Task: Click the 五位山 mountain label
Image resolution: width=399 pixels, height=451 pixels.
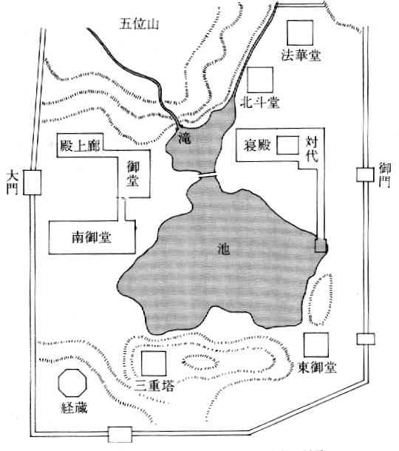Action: (x=139, y=24)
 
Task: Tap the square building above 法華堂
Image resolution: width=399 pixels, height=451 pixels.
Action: (x=300, y=33)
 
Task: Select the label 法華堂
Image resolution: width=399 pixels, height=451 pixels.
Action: (x=301, y=55)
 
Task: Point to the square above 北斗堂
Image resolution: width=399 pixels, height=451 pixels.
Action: (x=260, y=80)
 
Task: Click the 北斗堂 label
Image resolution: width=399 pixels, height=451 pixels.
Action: (x=259, y=102)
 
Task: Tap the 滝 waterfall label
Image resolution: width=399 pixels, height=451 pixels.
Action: (x=184, y=139)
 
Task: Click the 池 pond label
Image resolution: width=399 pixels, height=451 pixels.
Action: (x=224, y=248)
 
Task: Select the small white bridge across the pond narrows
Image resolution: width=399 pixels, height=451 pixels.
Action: (x=207, y=174)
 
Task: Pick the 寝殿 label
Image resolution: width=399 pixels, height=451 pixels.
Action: (x=257, y=145)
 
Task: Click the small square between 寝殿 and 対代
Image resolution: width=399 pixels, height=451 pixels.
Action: (x=287, y=145)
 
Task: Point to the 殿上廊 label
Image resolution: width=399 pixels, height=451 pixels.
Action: (x=81, y=146)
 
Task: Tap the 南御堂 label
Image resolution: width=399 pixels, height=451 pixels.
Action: (x=92, y=237)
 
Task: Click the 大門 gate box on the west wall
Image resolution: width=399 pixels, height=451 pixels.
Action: (x=33, y=183)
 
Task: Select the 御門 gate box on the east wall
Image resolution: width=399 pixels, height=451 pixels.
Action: (x=365, y=174)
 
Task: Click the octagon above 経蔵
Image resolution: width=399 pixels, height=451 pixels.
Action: (x=72, y=383)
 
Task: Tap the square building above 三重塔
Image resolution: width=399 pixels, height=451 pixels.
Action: (x=154, y=363)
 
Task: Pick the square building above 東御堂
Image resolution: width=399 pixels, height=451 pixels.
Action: (x=316, y=345)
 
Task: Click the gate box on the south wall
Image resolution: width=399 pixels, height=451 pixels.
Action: (x=120, y=434)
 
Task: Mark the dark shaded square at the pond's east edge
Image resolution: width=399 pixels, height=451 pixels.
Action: (x=321, y=246)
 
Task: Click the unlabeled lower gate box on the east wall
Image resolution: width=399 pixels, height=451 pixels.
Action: (x=366, y=339)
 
